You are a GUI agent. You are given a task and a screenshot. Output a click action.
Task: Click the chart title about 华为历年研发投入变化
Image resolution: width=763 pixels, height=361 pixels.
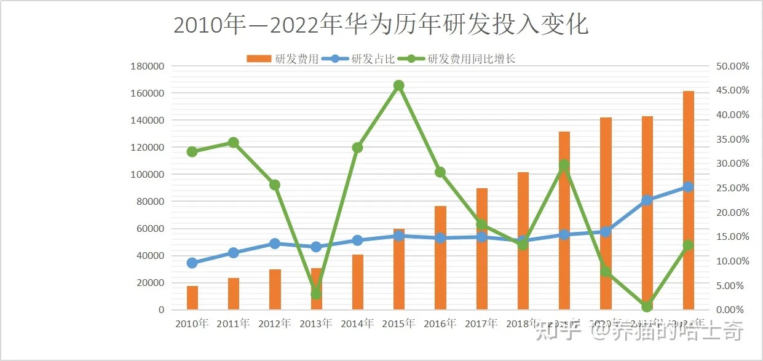(x=381, y=25)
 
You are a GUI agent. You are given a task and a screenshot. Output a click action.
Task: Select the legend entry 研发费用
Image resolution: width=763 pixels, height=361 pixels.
(x=283, y=59)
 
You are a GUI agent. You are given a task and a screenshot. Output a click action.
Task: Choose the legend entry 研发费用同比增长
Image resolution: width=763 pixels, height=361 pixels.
(x=456, y=59)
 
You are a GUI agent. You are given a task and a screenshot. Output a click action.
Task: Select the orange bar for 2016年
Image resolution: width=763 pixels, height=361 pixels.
(x=440, y=258)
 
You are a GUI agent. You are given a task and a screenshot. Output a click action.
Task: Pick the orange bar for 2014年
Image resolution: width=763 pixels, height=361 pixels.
(x=358, y=282)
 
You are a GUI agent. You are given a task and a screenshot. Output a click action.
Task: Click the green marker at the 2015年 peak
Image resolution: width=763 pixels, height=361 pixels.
(x=399, y=85)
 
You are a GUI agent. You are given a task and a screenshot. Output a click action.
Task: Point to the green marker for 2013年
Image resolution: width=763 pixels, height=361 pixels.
(x=316, y=294)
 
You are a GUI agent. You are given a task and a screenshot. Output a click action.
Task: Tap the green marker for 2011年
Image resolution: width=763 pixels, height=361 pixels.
(x=234, y=143)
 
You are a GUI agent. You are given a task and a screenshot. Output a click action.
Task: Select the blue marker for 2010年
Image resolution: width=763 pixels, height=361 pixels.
(x=192, y=263)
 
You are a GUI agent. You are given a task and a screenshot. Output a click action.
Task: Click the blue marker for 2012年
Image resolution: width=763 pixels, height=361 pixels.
(x=275, y=244)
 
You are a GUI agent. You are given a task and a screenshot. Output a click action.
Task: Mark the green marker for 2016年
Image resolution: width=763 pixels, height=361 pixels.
(x=440, y=172)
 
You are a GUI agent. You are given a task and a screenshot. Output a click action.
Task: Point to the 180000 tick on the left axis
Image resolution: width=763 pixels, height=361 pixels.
(x=148, y=66)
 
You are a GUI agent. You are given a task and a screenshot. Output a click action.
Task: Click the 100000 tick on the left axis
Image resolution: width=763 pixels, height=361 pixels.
(x=148, y=175)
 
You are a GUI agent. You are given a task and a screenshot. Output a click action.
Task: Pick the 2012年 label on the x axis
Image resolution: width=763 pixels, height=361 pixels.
(x=275, y=323)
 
